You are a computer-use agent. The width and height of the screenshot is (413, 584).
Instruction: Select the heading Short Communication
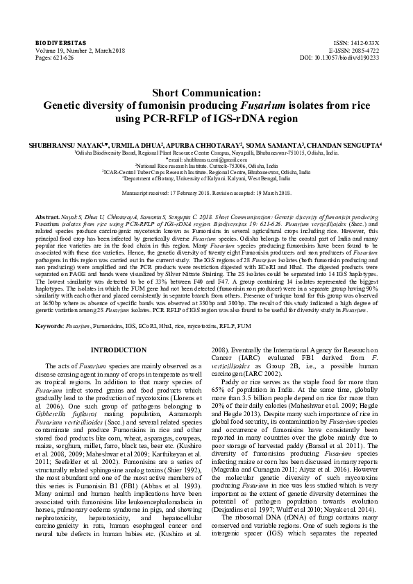pos(206,92)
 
